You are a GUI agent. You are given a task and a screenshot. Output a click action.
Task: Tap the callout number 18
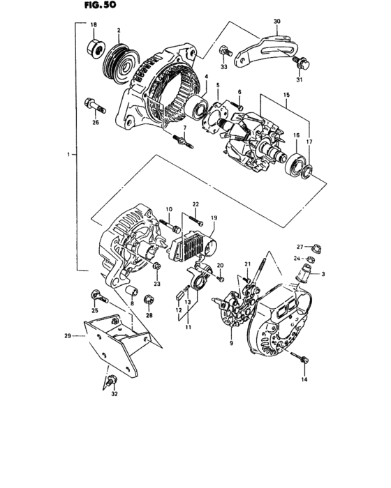[94, 25]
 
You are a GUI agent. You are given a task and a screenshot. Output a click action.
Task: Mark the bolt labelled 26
[96, 106]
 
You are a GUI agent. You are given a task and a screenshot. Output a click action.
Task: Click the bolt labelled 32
[112, 381]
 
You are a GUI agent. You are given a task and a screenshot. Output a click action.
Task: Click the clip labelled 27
[314, 245]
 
